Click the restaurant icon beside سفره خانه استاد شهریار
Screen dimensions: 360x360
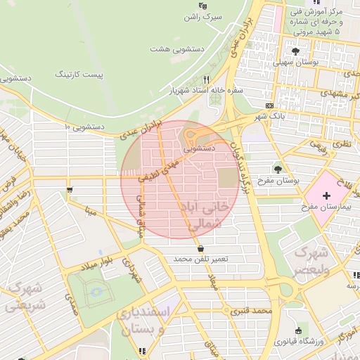207,79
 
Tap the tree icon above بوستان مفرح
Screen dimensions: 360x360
279,169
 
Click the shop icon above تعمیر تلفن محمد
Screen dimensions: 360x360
201,249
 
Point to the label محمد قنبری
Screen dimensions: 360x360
254,309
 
